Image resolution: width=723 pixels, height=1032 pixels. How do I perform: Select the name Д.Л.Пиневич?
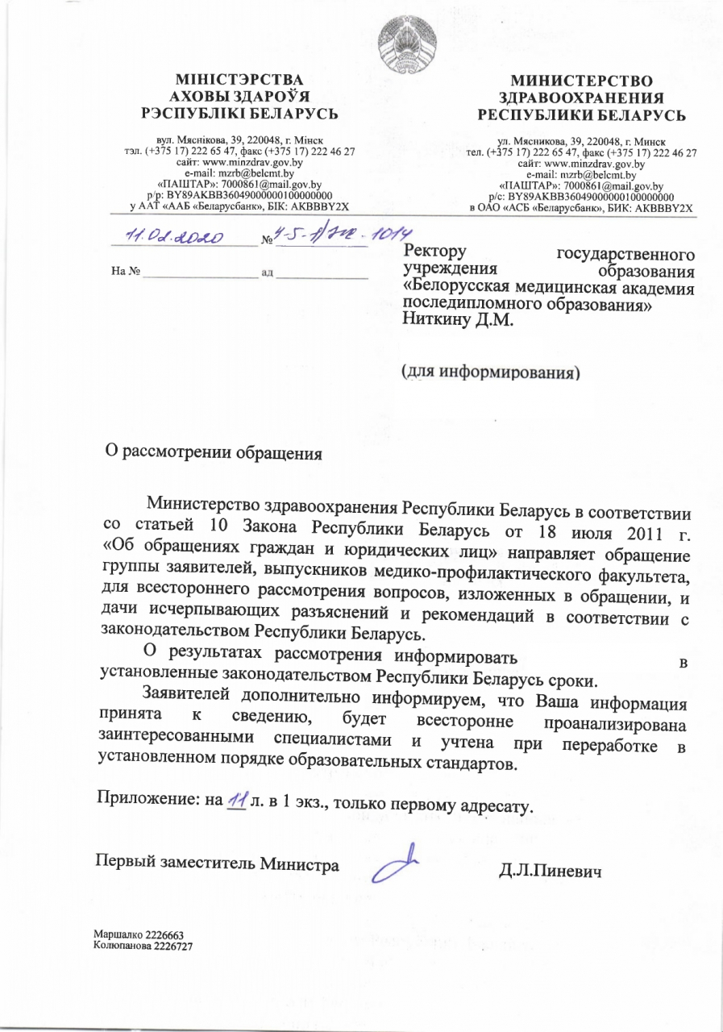(x=551, y=872)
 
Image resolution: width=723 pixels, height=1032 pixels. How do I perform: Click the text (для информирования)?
(x=491, y=372)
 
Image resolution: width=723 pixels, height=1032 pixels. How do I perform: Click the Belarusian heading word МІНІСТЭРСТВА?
(x=239, y=81)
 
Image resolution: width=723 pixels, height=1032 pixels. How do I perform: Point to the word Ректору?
(x=434, y=254)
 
